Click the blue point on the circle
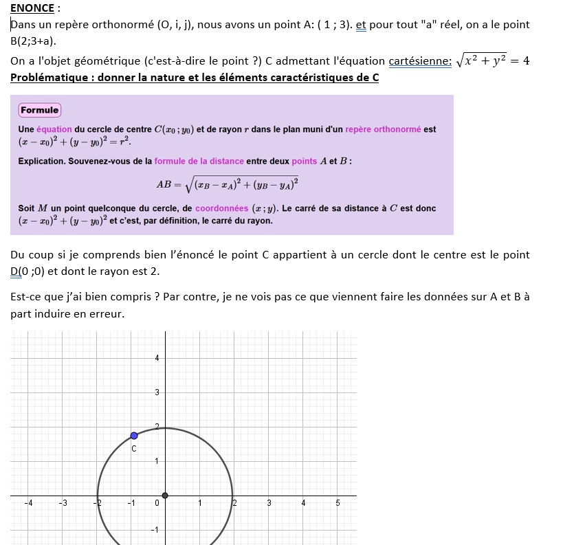(x=134, y=436)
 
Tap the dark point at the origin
(x=165, y=495)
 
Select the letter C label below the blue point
(x=134, y=449)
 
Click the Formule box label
(x=39, y=110)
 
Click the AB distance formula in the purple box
(x=227, y=184)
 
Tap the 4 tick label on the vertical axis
(x=157, y=357)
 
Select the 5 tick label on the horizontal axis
(x=338, y=503)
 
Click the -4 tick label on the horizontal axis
(x=28, y=503)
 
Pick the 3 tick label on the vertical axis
(x=157, y=392)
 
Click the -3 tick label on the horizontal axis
(x=63, y=503)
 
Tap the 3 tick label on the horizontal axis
(x=269, y=503)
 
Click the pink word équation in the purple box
(x=54, y=129)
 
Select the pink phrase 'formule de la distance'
(x=199, y=161)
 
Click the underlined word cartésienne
(x=420, y=61)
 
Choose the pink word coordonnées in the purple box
(x=221, y=208)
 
